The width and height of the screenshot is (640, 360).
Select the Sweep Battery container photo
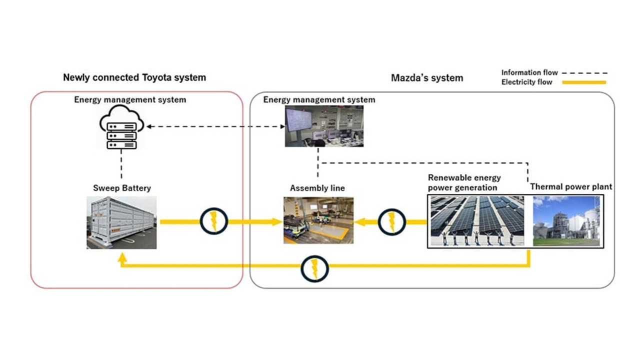pyautogui.click(x=121, y=222)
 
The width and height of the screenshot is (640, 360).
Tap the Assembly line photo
pyautogui.click(x=318, y=220)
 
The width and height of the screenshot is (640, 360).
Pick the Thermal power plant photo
pyautogui.click(x=566, y=220)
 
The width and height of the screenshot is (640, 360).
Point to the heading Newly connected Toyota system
pyautogui.click(x=134, y=77)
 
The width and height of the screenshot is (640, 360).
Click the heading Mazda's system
pyautogui.click(x=426, y=77)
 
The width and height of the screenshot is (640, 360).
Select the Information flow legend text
pyautogui.click(x=529, y=72)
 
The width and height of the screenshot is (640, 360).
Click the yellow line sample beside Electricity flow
pyautogui.click(x=583, y=82)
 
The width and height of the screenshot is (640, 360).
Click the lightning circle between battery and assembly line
pyautogui.click(x=214, y=221)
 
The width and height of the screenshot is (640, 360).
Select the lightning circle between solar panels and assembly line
pyautogui.click(x=392, y=221)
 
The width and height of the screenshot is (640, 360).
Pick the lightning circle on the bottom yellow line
pyautogui.click(x=314, y=268)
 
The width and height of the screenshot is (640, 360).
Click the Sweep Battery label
pyautogui.click(x=121, y=188)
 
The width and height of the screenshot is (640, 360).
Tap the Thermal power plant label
pyautogui.click(x=571, y=187)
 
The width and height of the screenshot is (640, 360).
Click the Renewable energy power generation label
pyautogui.click(x=464, y=183)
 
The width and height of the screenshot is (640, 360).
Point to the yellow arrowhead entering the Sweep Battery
pyautogui.click(x=121, y=258)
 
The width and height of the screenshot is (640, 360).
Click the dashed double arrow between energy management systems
pyautogui.click(x=215, y=126)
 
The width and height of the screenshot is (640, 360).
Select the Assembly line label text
pyautogui.click(x=317, y=188)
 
